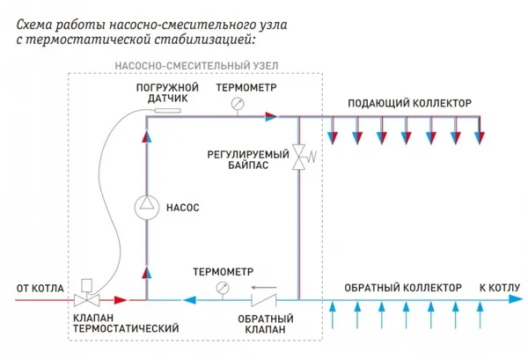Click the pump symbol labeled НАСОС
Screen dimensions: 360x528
click(147, 207)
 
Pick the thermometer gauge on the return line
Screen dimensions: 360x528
click(221, 288)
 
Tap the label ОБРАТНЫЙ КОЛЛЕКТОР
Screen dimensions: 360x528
click(401, 288)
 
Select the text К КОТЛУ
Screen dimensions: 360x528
click(499, 288)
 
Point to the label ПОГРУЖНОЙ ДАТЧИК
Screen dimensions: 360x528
click(161, 95)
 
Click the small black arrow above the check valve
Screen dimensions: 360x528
click(262, 287)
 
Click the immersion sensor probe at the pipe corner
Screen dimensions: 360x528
click(159, 113)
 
